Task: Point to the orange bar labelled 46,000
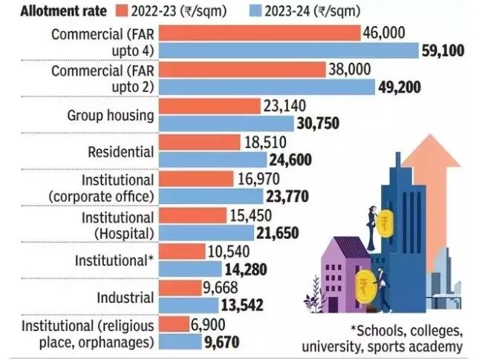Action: [x=259, y=33]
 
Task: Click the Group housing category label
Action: [x=111, y=116]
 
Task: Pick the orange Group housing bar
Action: [x=210, y=107]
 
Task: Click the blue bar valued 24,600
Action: [x=214, y=160]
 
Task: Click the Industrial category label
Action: [x=127, y=298]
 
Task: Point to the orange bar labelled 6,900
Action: [x=175, y=324]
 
